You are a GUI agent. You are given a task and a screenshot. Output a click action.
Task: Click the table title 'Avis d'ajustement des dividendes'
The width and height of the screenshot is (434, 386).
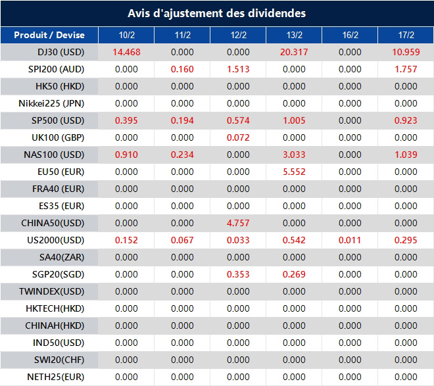tap(216, 13)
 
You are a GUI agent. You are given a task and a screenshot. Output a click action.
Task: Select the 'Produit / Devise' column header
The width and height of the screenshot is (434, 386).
tap(49, 35)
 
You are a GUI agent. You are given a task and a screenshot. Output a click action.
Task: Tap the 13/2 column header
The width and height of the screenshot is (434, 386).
tap(294, 35)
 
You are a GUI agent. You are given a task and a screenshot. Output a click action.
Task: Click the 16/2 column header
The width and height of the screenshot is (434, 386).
tap(350, 35)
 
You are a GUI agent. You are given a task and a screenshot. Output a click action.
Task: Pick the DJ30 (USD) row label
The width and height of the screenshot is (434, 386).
tap(50, 52)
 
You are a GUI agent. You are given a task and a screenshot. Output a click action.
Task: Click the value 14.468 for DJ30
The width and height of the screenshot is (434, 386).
tap(126, 52)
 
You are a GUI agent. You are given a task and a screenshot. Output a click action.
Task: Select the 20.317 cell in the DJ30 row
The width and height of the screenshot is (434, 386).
tap(294, 52)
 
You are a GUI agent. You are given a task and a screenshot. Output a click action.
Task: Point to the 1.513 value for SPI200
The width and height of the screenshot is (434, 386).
tap(238, 69)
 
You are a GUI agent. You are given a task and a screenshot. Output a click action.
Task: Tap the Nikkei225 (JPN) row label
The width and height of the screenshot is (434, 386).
tap(50, 103)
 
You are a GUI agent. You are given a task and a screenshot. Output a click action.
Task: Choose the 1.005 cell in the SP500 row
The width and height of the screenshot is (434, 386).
tap(294, 120)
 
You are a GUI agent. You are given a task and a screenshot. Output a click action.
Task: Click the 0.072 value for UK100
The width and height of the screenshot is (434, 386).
tap(238, 137)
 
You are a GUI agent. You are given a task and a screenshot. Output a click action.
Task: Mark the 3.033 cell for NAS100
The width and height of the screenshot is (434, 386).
tap(294, 155)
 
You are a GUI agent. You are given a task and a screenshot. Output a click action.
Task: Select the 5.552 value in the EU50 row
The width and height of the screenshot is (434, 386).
tap(294, 172)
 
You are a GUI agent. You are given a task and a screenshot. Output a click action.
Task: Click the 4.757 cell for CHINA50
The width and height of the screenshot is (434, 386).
tap(238, 223)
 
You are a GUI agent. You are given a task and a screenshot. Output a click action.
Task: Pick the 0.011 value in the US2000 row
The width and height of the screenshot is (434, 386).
tap(350, 240)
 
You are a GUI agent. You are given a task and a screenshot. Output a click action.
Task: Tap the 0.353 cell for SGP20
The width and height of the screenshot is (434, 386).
tap(238, 274)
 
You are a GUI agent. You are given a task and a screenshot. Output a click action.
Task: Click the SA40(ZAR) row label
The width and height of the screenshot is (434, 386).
tap(50, 257)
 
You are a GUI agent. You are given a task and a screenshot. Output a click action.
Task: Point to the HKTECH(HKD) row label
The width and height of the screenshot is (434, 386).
tap(50, 308)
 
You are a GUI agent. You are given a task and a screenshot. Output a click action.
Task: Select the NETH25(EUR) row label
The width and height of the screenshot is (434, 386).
tap(50, 377)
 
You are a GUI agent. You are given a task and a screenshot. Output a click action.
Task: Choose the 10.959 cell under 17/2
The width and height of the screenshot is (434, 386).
tap(406, 52)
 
